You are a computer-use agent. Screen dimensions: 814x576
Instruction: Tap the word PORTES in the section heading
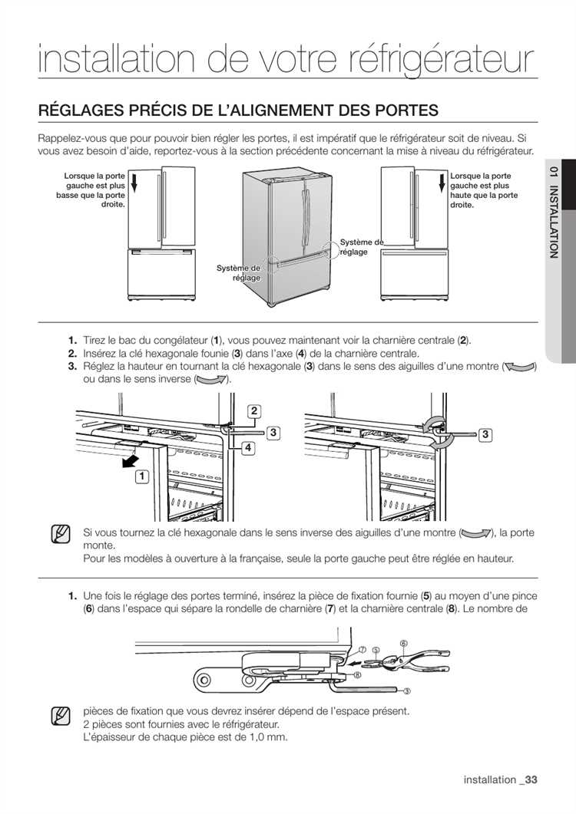click(x=402, y=109)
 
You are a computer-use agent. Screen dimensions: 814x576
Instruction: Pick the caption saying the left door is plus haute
click(x=484, y=190)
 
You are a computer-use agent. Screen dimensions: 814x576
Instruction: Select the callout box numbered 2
click(x=253, y=410)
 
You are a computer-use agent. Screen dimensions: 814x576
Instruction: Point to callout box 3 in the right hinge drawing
click(x=486, y=435)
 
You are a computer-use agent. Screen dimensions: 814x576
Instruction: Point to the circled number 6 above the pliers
click(x=403, y=643)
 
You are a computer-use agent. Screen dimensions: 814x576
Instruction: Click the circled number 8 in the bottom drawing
click(x=358, y=674)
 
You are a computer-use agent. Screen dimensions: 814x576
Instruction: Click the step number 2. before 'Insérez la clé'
click(x=72, y=354)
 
